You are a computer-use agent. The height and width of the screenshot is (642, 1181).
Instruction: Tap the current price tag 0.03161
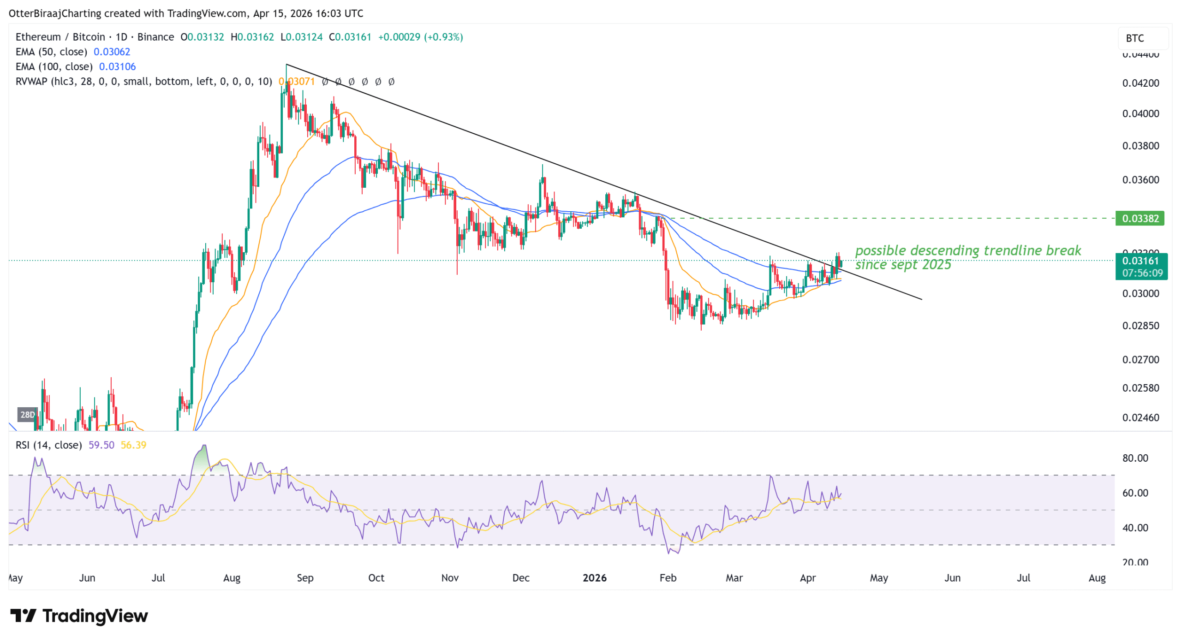click(x=1140, y=261)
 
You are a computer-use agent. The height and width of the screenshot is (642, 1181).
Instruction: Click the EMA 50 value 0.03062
click(x=112, y=52)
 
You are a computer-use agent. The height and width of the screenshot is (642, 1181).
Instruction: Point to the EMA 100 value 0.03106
click(x=117, y=66)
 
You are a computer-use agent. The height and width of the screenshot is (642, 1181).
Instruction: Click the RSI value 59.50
click(x=101, y=445)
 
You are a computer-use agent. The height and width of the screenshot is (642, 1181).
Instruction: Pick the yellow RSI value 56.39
click(x=133, y=445)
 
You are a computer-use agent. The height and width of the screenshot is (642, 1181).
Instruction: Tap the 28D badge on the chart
click(x=27, y=415)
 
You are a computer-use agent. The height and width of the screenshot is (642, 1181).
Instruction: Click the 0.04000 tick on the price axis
click(x=1140, y=113)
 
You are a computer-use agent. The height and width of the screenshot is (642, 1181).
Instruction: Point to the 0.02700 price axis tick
click(x=1140, y=359)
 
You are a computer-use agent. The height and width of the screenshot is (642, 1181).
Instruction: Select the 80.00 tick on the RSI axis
click(x=1135, y=458)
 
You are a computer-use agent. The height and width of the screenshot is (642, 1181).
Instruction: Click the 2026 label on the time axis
click(x=594, y=577)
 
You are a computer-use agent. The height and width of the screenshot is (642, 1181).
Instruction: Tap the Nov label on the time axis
click(x=449, y=577)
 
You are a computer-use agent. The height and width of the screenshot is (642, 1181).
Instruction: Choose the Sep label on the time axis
click(x=304, y=577)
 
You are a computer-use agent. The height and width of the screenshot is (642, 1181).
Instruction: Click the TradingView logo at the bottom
click(x=79, y=616)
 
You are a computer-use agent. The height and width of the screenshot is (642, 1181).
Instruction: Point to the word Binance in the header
click(x=155, y=37)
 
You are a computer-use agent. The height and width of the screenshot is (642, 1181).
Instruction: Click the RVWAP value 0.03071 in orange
click(x=297, y=82)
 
